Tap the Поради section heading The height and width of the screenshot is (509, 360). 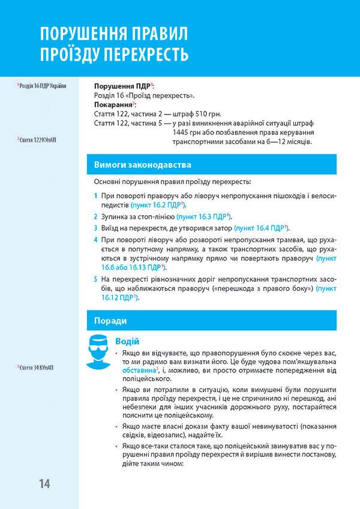pos(111,320)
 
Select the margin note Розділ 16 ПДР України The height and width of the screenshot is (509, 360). pos(42,85)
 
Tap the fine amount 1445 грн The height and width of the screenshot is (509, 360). pos(187,132)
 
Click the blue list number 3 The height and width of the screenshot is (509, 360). pos(96,228)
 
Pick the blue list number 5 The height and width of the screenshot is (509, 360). pos(96,279)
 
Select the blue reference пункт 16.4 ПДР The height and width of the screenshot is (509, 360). pos(260,228)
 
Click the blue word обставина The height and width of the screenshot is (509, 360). pos(134,371)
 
